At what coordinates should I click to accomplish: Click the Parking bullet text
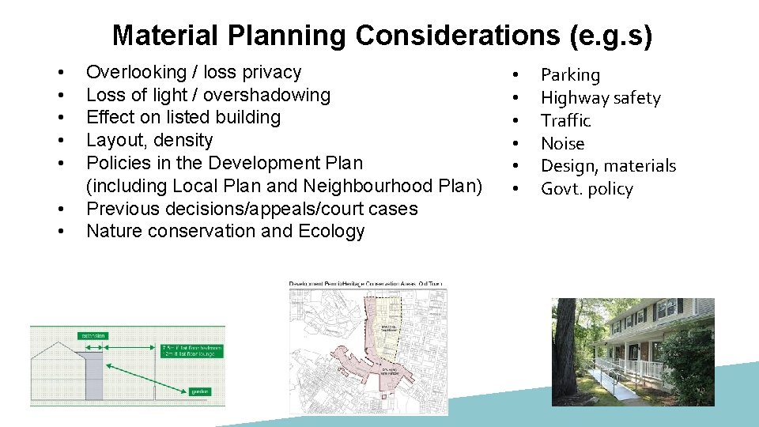click(x=570, y=75)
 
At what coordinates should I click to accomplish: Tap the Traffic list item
click(x=565, y=121)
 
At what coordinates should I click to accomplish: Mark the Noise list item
click(x=562, y=144)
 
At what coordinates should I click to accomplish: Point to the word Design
click(x=566, y=166)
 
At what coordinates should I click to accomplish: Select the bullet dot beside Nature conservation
click(x=60, y=232)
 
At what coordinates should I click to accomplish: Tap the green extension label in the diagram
click(x=93, y=335)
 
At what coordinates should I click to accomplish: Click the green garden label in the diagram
click(x=200, y=391)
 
